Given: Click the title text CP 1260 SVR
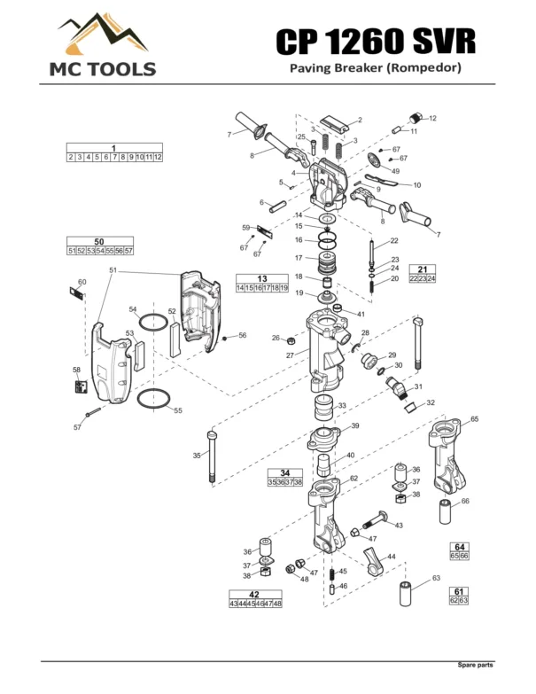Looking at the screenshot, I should pos(376,40).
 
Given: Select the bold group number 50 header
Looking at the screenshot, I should pos(99,242).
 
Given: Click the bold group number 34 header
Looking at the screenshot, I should pos(284,472).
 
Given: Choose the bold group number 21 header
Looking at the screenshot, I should pos(423,269).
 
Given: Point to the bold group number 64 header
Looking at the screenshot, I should pos(459,546).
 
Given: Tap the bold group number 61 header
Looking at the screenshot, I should pos(459,591).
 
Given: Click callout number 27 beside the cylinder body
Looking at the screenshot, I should pos(290,355).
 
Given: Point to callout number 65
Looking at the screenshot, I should pos(474,419).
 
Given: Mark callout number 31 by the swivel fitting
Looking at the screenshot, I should pos(419,386).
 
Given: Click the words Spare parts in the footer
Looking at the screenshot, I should pos(475,665).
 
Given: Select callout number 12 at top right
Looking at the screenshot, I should pos(432,118).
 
